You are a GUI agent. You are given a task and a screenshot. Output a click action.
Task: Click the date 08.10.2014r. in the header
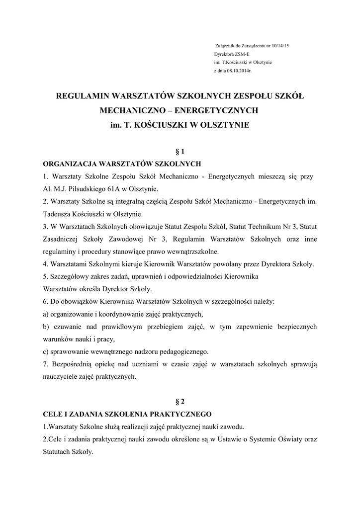[240, 71]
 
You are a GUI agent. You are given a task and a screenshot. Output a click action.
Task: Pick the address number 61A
[127, 189]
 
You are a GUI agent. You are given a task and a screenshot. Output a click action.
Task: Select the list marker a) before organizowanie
[46, 314]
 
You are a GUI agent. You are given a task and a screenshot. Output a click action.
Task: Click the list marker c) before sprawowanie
[46, 351]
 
